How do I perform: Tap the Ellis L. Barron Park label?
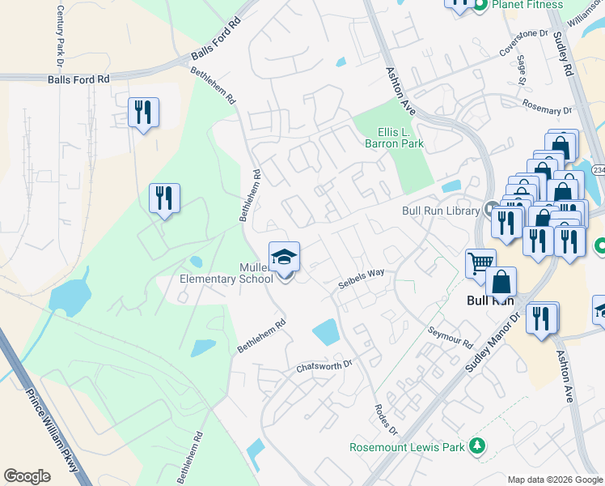(x=400, y=138)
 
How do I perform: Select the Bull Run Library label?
(x=441, y=211)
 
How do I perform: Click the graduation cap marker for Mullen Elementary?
(x=284, y=257)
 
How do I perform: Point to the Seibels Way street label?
(x=361, y=278)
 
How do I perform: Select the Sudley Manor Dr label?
(x=494, y=339)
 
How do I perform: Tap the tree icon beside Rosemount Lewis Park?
(x=478, y=446)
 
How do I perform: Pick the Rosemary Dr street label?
(x=547, y=105)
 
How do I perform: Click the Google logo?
(x=27, y=476)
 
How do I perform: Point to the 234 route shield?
(x=598, y=170)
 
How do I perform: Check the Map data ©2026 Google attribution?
(x=555, y=480)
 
